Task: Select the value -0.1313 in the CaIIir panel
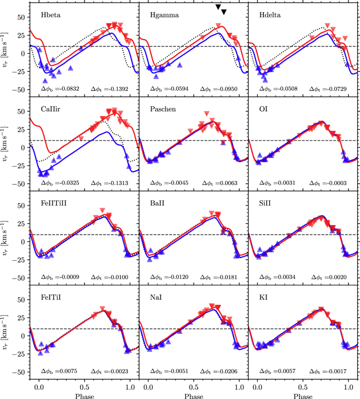120,184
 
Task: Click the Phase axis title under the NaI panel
194,394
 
